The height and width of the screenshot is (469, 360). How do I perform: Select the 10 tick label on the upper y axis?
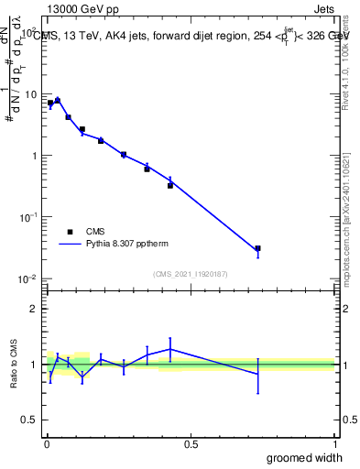point(30,94)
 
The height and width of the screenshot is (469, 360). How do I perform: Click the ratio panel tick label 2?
point(34,309)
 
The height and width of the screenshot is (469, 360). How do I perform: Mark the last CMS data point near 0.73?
point(258,248)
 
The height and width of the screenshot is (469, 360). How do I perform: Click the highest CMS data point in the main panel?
point(58,101)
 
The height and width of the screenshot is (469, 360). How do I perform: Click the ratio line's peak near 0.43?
point(170,349)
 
